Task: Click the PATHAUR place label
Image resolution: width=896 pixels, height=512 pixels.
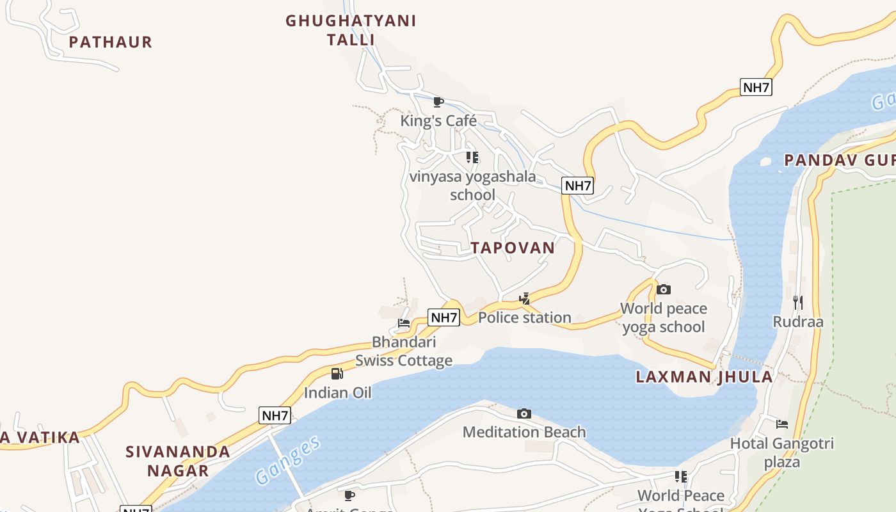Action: click(x=110, y=42)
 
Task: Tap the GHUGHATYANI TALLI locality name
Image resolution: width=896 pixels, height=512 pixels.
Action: click(x=351, y=30)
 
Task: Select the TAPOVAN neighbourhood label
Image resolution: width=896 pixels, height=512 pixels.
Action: click(x=513, y=248)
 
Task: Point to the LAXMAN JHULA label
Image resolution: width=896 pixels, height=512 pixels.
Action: click(x=704, y=377)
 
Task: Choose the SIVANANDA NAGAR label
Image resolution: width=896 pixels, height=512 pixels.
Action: click(x=178, y=461)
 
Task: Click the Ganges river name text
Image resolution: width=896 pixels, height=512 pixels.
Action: click(x=287, y=460)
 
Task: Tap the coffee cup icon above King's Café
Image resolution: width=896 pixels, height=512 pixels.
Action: click(x=438, y=102)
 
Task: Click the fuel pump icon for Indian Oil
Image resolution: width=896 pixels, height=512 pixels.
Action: click(x=337, y=374)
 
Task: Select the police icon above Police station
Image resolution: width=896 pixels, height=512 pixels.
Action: click(x=525, y=298)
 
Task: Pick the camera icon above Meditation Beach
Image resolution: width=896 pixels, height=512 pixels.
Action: click(x=524, y=413)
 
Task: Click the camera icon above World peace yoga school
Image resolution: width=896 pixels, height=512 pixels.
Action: click(x=664, y=289)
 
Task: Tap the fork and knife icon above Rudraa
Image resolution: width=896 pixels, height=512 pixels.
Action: click(x=797, y=302)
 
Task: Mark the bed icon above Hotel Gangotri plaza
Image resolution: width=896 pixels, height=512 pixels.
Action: click(x=781, y=424)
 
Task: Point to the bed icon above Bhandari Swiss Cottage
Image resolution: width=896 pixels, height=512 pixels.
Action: click(x=404, y=323)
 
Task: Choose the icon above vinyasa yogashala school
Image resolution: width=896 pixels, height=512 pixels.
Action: click(x=472, y=157)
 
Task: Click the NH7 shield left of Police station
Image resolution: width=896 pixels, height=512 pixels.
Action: click(x=444, y=317)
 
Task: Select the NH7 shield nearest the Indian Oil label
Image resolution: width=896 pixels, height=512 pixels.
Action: click(x=275, y=415)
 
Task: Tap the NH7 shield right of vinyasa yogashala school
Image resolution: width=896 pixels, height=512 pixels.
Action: click(x=577, y=186)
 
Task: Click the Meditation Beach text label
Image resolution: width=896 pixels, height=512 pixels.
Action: click(x=524, y=432)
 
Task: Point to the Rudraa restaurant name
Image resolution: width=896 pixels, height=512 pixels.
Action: click(x=797, y=321)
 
